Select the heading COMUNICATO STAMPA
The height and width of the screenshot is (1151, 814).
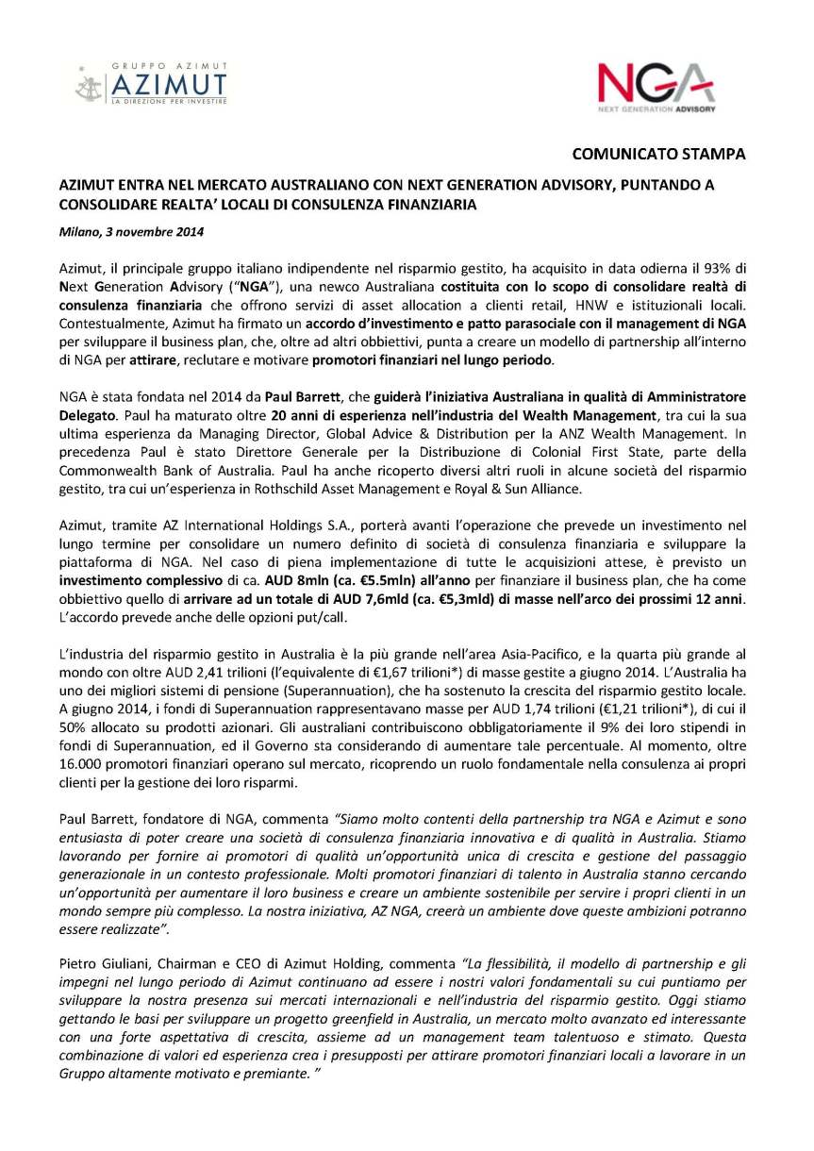(659, 153)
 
